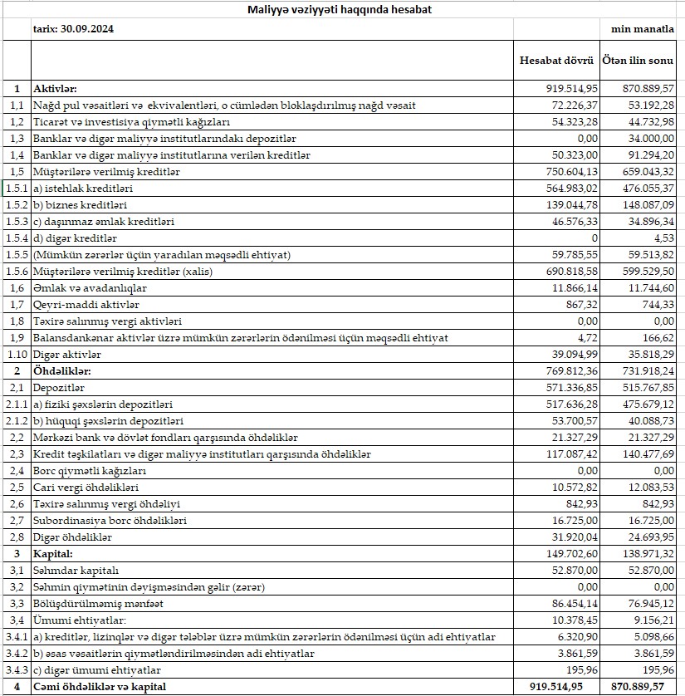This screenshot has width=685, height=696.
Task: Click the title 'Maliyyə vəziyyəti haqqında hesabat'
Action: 340,10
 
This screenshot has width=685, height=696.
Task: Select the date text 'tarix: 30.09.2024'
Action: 73,28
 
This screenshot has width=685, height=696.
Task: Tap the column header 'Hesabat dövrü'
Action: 556,61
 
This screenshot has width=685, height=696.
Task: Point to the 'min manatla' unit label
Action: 643,28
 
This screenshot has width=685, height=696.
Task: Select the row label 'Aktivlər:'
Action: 55,88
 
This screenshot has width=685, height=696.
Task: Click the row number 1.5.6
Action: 17,272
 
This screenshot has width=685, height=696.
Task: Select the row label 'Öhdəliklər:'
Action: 61,371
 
